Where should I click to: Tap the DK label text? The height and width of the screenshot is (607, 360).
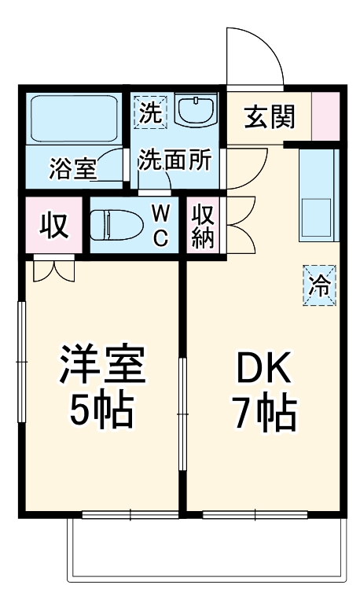click(x=263, y=366)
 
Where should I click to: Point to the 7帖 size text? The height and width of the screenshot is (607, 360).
click(x=263, y=410)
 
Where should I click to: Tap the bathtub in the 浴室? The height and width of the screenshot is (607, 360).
click(x=73, y=118)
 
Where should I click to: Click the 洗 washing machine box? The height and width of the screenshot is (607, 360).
click(x=149, y=112)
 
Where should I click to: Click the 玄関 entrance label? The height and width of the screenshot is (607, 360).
click(x=269, y=117)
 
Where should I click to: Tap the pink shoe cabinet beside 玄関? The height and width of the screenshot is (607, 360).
click(x=326, y=116)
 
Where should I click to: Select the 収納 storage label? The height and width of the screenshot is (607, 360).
click(x=203, y=226)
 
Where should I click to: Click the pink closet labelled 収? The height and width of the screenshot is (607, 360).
click(x=53, y=226)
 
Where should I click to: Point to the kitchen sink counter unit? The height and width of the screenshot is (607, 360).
click(x=318, y=196)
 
